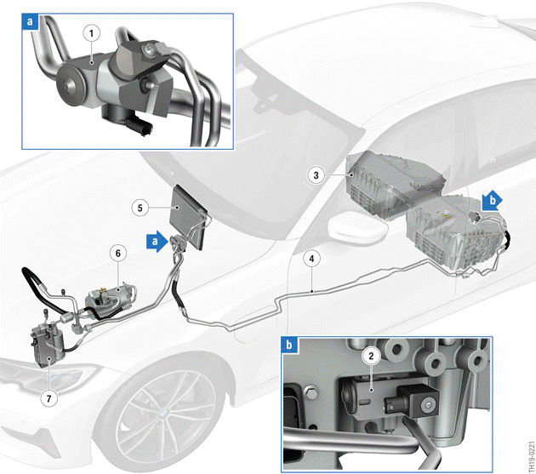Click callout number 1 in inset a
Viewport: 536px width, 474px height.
coord(92,33)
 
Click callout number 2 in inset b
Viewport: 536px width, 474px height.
coord(371,356)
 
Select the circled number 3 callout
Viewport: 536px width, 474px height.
coord(316,175)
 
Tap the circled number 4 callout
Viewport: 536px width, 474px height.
coord(311,259)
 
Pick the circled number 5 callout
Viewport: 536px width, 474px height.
coord(140,208)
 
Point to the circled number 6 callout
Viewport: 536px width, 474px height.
coord(118,253)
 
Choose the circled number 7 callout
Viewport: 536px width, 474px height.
coord(48,398)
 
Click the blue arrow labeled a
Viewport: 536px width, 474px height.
coord(157,242)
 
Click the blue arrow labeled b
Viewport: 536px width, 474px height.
coord(493,200)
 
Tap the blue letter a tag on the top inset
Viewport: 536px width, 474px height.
coord(30,21)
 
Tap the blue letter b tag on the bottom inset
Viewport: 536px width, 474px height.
coord(289,345)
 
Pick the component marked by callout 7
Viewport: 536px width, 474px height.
coord(48,345)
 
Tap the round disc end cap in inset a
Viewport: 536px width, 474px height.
coord(72,83)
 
